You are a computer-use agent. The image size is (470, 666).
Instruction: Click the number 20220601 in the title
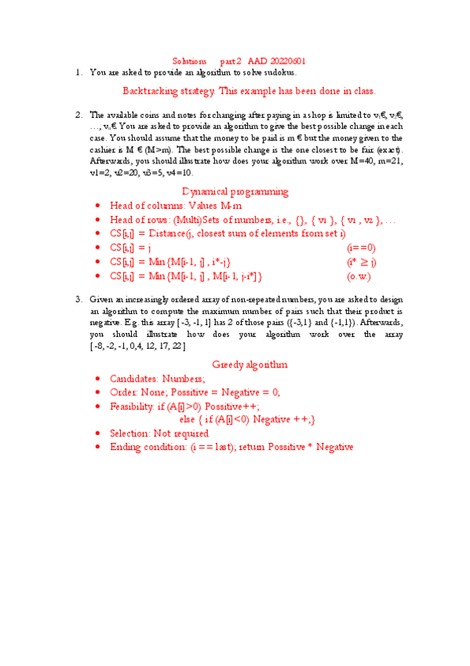(288, 60)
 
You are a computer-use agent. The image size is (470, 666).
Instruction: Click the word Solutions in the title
(189, 60)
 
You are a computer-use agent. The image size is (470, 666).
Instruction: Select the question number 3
(79, 299)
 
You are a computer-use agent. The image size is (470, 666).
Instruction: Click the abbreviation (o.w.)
(359, 276)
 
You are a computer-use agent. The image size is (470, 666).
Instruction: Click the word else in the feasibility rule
(188, 419)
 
